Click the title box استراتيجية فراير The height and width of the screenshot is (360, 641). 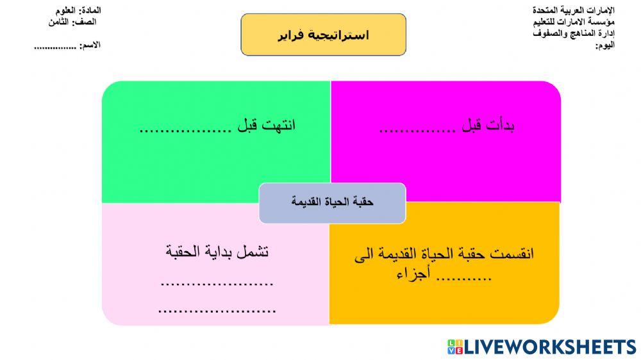[x=323, y=35]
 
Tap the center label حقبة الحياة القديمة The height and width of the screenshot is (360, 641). [x=332, y=202]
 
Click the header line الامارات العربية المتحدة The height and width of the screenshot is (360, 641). [x=573, y=11]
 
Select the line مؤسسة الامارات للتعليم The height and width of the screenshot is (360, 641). [x=573, y=22]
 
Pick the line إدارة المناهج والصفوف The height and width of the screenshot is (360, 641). [x=573, y=33]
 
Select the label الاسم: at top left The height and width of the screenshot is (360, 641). [x=90, y=45]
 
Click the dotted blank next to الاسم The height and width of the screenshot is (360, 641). [x=55, y=47]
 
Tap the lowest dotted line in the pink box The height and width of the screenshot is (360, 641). [x=217, y=311]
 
